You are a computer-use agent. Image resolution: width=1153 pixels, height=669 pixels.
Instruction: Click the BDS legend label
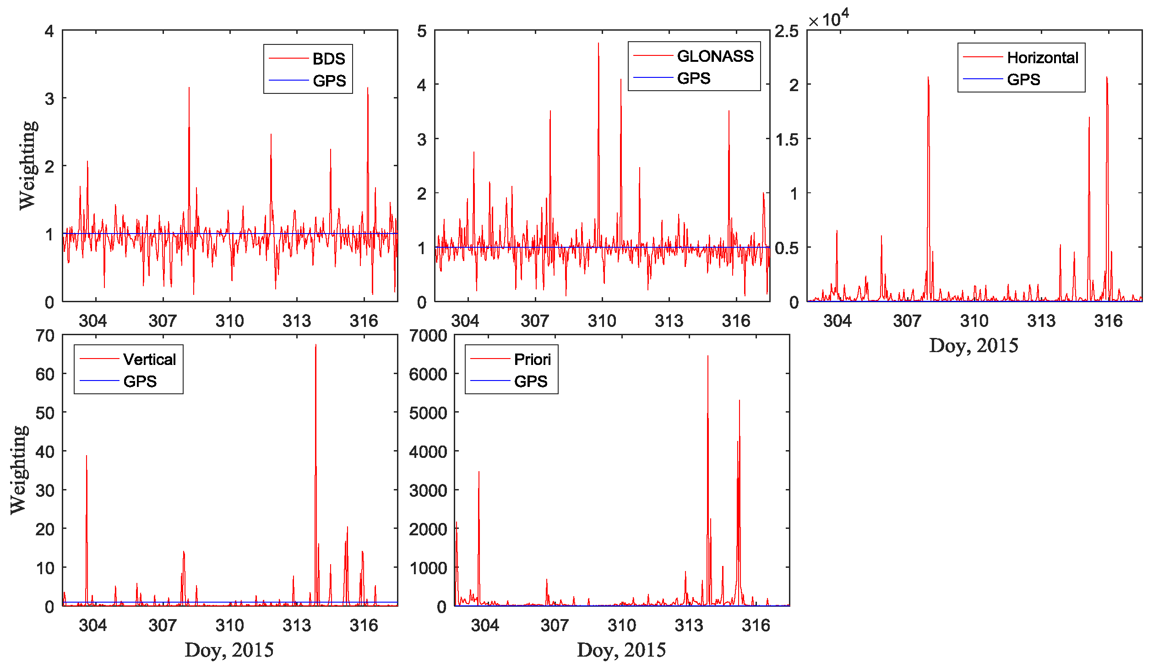point(329,59)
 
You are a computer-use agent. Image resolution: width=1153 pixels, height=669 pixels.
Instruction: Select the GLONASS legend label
point(715,56)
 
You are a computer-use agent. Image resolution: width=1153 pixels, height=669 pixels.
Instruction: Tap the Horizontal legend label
point(1043,57)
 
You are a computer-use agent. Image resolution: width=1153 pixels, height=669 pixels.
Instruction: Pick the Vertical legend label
point(149,359)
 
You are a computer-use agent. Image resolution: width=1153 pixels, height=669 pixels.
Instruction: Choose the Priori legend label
point(532,359)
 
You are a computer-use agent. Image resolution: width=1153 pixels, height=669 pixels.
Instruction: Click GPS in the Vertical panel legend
point(140,381)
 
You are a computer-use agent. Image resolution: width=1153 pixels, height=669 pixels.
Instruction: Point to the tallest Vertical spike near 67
point(315,346)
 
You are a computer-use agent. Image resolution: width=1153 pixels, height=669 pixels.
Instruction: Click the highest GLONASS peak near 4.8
point(598,44)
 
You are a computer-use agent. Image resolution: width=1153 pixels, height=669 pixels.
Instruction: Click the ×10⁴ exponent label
point(828,19)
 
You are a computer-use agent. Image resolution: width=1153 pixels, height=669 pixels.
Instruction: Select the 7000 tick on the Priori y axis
point(428,336)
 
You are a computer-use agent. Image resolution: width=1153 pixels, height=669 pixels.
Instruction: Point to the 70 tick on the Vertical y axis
point(45,336)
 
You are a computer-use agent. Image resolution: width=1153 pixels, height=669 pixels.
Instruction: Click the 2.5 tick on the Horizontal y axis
point(786,31)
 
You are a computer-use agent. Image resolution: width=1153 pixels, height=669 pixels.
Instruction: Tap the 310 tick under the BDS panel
point(229,321)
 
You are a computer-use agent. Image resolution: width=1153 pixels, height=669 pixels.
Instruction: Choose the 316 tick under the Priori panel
point(756,625)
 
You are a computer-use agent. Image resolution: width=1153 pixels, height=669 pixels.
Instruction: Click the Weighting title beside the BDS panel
point(27,165)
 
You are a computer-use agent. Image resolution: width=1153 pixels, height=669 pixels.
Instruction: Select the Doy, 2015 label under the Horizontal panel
point(974,346)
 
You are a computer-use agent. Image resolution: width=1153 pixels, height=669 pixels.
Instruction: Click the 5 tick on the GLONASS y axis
point(422,31)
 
